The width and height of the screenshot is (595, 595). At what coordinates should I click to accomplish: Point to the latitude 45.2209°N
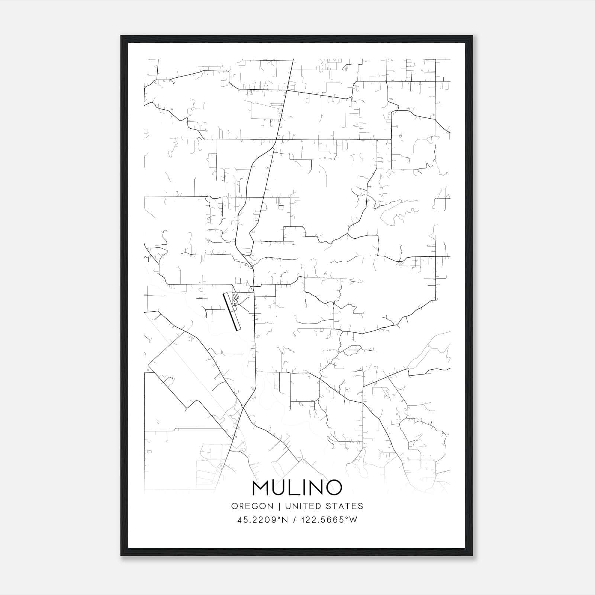263,520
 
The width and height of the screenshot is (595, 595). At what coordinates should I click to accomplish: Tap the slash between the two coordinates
294,520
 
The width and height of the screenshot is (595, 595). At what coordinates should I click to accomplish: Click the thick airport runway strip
231,311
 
